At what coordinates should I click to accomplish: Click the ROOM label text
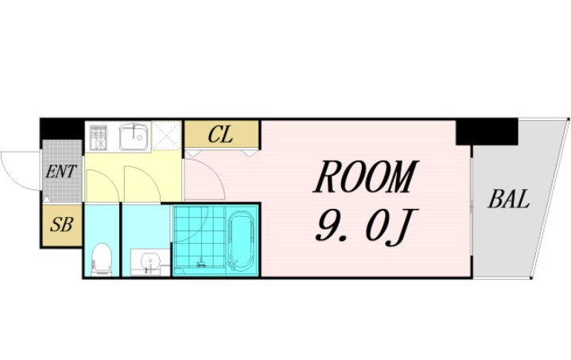click(364, 177)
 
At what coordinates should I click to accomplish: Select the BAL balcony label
click(508, 199)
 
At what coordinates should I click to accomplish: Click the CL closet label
click(220, 134)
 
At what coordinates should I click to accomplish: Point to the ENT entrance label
click(60, 172)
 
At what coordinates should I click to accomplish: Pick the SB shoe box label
click(61, 224)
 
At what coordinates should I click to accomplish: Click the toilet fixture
click(101, 259)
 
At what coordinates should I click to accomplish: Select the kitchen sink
click(134, 136)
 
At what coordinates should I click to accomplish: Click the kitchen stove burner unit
click(99, 137)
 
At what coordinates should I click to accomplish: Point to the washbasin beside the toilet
click(150, 262)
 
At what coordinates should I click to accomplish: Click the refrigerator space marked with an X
click(166, 135)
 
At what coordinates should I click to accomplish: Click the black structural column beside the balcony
click(487, 132)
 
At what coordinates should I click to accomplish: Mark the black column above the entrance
click(62, 129)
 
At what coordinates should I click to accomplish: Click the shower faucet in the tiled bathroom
click(200, 262)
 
